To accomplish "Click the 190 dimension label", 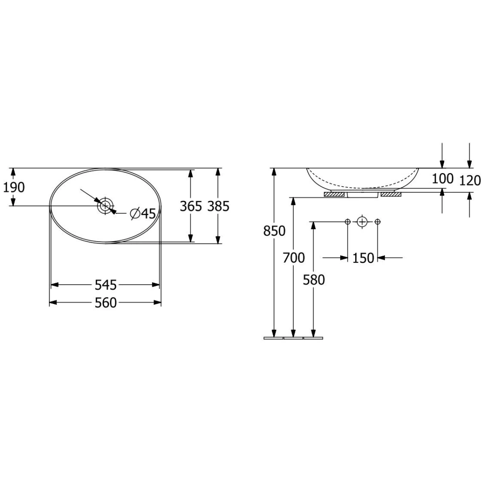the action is pos(14,188).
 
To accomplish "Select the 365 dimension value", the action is pos(191,206).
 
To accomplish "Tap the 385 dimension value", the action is pos(218,206).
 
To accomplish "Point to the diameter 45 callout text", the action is pos(143,214).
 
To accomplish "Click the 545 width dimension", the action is pos(106,285).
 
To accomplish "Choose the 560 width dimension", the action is pos(106,303).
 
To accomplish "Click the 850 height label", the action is pos(274,231).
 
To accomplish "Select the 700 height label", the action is pos(293,258).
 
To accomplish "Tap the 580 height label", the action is pos(314,280).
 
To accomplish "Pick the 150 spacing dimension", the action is pos(363,258).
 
